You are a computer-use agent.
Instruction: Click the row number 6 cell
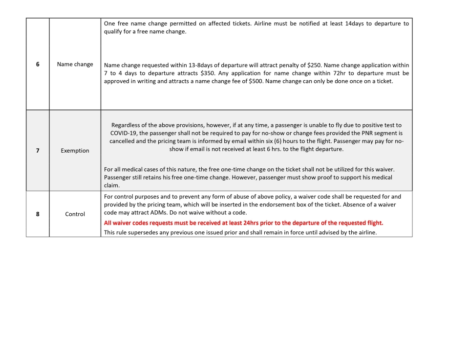38,64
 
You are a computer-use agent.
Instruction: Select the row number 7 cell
38,151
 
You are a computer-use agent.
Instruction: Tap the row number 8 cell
38,214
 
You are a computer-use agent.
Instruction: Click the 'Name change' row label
75,64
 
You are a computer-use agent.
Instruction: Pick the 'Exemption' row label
75,151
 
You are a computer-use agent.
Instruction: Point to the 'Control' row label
75,214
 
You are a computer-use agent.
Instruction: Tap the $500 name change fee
256,81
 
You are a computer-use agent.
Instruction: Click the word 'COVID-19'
124,133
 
